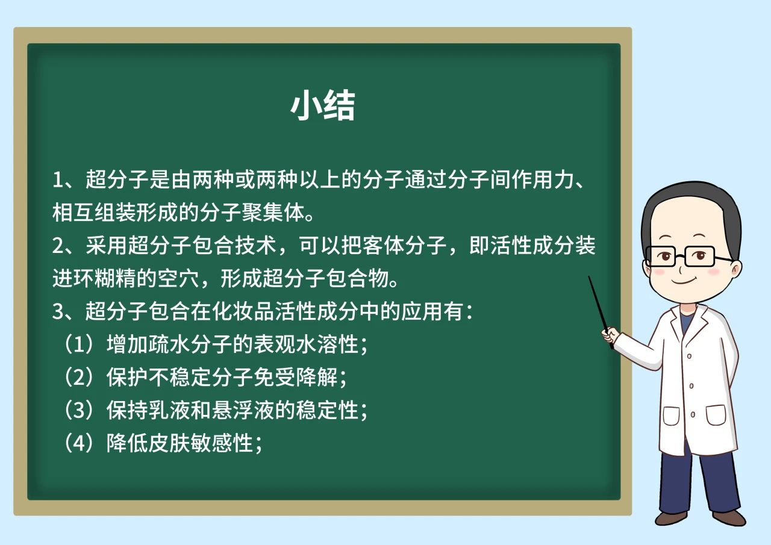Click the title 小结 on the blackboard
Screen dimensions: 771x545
[322, 105]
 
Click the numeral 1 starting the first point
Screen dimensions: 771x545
[57, 180]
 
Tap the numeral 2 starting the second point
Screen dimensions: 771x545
[58, 246]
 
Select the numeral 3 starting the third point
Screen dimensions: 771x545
[58, 311]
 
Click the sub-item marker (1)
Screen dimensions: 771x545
[79, 344]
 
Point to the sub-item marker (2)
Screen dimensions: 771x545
[79, 377]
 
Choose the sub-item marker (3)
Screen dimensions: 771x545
[79, 410]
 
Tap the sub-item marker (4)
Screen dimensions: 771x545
[79, 443]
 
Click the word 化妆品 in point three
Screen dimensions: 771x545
[242, 311]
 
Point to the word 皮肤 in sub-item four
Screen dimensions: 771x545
[169, 443]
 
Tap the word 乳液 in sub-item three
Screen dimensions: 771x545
[169, 410]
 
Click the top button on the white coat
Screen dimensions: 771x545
[689, 356]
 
